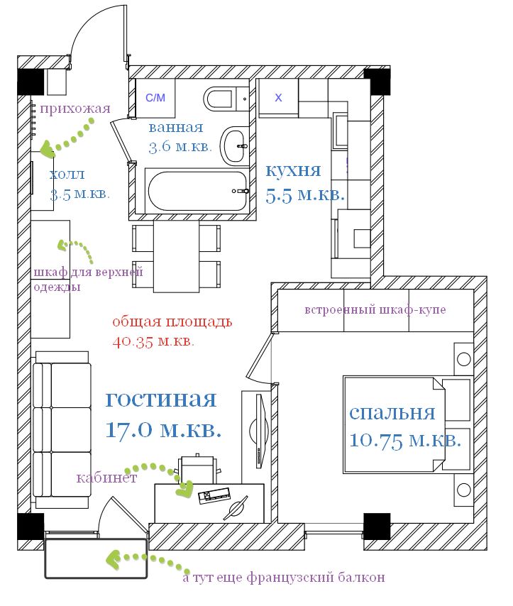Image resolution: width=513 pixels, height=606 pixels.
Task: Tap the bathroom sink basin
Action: [234, 146]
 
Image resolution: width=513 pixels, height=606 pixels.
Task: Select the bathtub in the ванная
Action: [197, 191]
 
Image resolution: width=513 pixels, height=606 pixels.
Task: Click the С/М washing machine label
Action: [155, 98]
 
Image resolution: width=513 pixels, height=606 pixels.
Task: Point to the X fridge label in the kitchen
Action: [278, 98]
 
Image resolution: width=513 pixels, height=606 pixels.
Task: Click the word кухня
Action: [293, 170]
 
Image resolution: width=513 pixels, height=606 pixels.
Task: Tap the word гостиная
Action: [161, 400]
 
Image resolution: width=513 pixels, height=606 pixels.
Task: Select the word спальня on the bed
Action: [392, 414]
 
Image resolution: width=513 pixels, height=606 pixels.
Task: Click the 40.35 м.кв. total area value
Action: [153, 341]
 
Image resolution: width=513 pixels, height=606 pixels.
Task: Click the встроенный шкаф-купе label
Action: [375, 310]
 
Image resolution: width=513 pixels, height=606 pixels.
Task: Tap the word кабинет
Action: [106, 478]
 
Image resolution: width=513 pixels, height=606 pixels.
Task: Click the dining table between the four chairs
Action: [176, 256]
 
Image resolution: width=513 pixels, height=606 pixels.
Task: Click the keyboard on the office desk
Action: [214, 495]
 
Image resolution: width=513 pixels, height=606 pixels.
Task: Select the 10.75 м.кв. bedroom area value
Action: [405, 441]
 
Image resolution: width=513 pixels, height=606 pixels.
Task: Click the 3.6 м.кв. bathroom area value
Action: [180, 146]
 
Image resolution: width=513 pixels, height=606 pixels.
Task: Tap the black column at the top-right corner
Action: [377, 82]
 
